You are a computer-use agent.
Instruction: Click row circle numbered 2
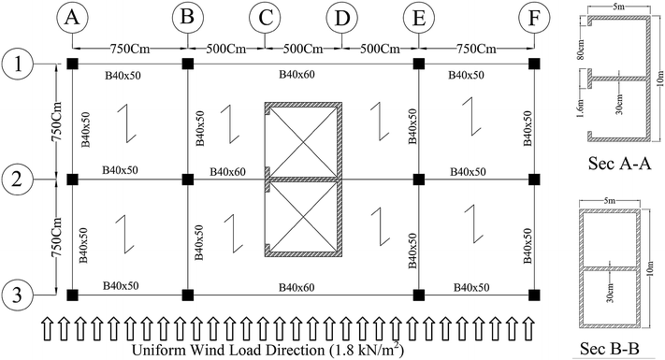pyautogui.click(x=17, y=179)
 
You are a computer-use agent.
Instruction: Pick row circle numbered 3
pyautogui.click(x=17, y=295)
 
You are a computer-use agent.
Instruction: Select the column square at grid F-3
pyautogui.click(x=535, y=295)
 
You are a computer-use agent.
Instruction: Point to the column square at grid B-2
pyautogui.click(x=188, y=179)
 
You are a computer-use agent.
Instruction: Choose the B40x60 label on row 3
pyautogui.click(x=304, y=285)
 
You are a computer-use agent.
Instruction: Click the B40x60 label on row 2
pyautogui.click(x=227, y=171)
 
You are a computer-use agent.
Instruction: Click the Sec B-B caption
pyautogui.click(x=614, y=349)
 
